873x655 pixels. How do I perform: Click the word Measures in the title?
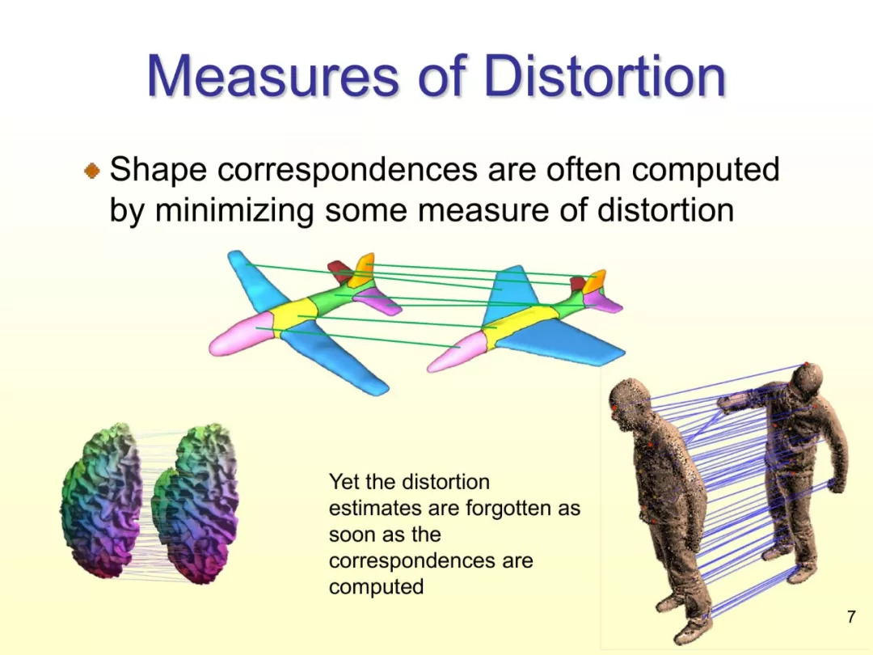pos(273,76)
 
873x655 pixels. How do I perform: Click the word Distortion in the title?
pos(605,76)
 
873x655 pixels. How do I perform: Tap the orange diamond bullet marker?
pos(92,171)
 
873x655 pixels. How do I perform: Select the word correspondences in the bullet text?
pos(348,169)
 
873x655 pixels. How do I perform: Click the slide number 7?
pos(850,616)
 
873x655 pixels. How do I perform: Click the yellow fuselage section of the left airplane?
pos(295,315)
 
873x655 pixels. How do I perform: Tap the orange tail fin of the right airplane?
pos(596,281)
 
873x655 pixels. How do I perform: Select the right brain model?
pos(196,504)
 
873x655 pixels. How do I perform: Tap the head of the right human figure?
pos(806,382)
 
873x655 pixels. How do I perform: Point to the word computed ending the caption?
pos(377,587)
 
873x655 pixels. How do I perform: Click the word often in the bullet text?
pos(584,169)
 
